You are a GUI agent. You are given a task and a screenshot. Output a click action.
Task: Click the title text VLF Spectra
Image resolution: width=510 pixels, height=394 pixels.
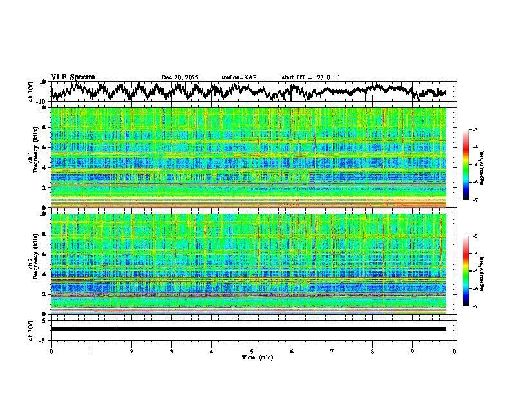(x=73, y=77)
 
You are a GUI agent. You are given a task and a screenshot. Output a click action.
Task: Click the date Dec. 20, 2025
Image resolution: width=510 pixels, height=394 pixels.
(x=180, y=77)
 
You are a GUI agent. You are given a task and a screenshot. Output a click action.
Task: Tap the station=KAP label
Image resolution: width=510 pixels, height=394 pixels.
(x=238, y=77)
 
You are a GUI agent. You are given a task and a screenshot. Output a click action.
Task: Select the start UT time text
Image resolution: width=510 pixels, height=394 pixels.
(x=311, y=77)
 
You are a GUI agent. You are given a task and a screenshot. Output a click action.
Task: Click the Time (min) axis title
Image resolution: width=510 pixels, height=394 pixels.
(x=257, y=357)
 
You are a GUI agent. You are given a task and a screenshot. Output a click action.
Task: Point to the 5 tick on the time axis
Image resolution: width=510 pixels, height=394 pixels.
(x=252, y=352)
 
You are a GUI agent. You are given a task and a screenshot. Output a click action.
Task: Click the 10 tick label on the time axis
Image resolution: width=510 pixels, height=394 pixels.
(x=453, y=352)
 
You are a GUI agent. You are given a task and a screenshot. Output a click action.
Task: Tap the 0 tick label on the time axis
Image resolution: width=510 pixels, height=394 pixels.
(x=51, y=352)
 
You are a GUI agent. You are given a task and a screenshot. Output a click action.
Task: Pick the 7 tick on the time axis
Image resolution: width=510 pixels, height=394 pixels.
(x=332, y=352)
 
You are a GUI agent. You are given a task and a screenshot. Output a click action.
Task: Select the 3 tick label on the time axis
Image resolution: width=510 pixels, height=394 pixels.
(x=171, y=352)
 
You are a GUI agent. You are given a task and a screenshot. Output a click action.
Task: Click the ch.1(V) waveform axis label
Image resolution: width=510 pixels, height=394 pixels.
(x=31, y=91)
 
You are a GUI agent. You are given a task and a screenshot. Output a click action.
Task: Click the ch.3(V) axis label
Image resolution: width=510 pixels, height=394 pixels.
(x=31, y=329)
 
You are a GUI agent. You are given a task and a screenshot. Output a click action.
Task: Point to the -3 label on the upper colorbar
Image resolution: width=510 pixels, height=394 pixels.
(x=475, y=130)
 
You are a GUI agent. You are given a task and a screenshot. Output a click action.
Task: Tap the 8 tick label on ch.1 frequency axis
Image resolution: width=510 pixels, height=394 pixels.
(x=44, y=128)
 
